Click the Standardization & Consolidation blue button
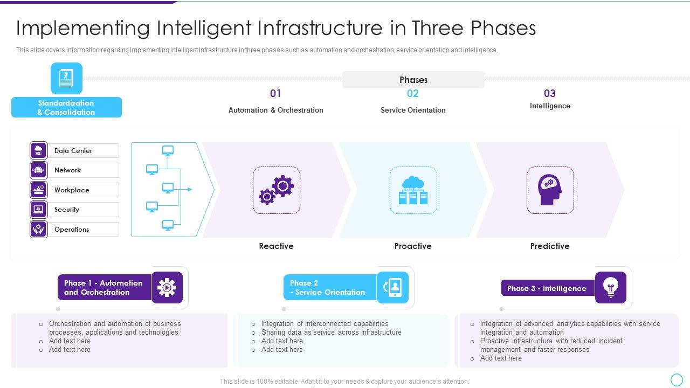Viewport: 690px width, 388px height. pos(66,107)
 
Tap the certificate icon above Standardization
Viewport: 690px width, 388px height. pos(66,78)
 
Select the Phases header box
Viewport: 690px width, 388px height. pos(413,80)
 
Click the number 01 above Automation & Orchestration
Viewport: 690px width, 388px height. pos(275,94)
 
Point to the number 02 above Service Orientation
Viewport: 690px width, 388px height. pos(412,94)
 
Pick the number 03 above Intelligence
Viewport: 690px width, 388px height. pos(549,94)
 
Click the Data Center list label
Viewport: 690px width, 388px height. pos(73,151)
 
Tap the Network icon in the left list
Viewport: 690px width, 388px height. pos(39,170)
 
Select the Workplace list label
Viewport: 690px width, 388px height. pos(72,190)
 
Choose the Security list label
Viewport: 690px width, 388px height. pos(67,210)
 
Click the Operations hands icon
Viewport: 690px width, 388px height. pos(39,229)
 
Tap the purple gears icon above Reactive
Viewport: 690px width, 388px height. pos(276,190)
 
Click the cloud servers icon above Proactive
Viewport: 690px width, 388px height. pos(413,190)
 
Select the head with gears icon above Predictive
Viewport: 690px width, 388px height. pos(550,190)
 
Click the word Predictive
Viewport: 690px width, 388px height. pos(549,246)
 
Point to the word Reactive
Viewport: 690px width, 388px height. pos(276,246)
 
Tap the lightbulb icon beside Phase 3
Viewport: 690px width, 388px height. pos(610,288)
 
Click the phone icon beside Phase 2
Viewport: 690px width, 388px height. pos(392,287)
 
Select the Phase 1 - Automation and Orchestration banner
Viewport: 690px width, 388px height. pos(104,288)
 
